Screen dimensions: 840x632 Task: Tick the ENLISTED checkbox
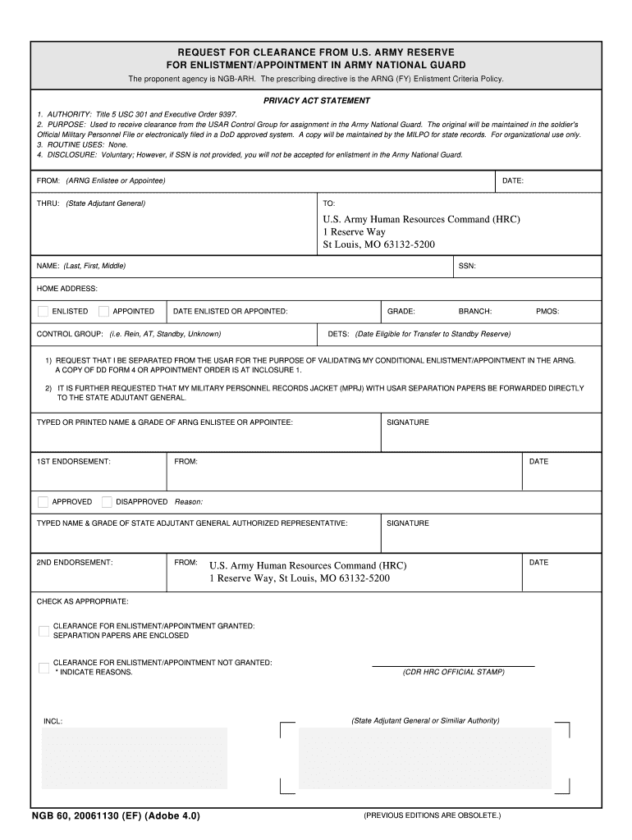tap(43, 312)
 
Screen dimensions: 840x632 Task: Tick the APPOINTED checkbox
tap(103, 312)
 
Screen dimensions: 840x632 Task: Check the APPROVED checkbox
tap(43, 501)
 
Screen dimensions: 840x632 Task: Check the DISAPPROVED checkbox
tap(107, 501)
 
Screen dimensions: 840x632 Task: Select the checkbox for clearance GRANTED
tap(44, 631)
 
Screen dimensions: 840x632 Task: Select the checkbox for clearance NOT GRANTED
tap(44, 668)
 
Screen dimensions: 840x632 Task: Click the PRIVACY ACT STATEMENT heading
tap(317, 101)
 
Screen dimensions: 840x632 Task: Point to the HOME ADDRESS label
tap(67, 289)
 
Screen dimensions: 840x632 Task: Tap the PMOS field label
tap(547, 312)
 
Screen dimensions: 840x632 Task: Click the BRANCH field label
tap(475, 312)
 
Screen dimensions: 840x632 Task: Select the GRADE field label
tap(401, 312)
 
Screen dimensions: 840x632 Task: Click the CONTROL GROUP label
tap(70, 334)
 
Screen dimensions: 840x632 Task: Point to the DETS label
tap(338, 334)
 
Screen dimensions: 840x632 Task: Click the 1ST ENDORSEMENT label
tap(74, 462)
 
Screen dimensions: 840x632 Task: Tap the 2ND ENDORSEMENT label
tap(75, 563)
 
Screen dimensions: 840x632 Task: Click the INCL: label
tap(53, 721)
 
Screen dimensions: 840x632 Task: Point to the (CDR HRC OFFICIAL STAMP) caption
tap(453, 672)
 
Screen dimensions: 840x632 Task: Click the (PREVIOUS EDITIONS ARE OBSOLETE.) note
tap(432, 815)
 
